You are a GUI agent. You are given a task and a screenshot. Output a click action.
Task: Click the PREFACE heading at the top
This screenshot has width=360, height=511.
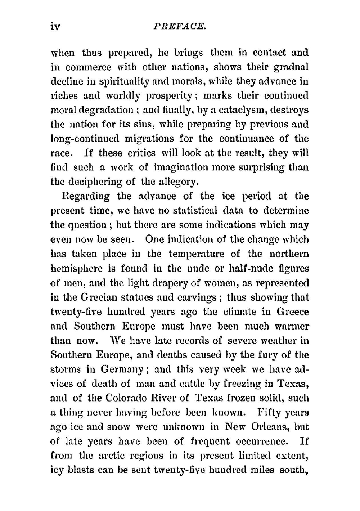(x=179, y=26)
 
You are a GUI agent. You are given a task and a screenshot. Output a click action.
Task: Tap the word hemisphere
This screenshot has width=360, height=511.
(x=77, y=269)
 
